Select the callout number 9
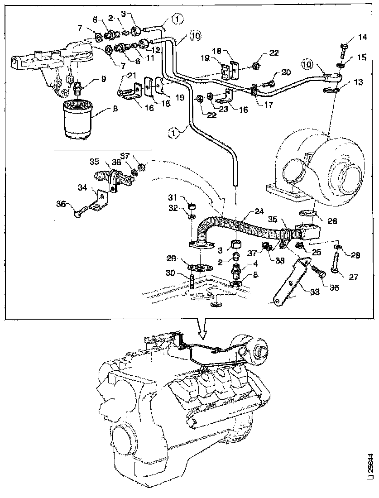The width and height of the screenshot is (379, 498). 103,79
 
